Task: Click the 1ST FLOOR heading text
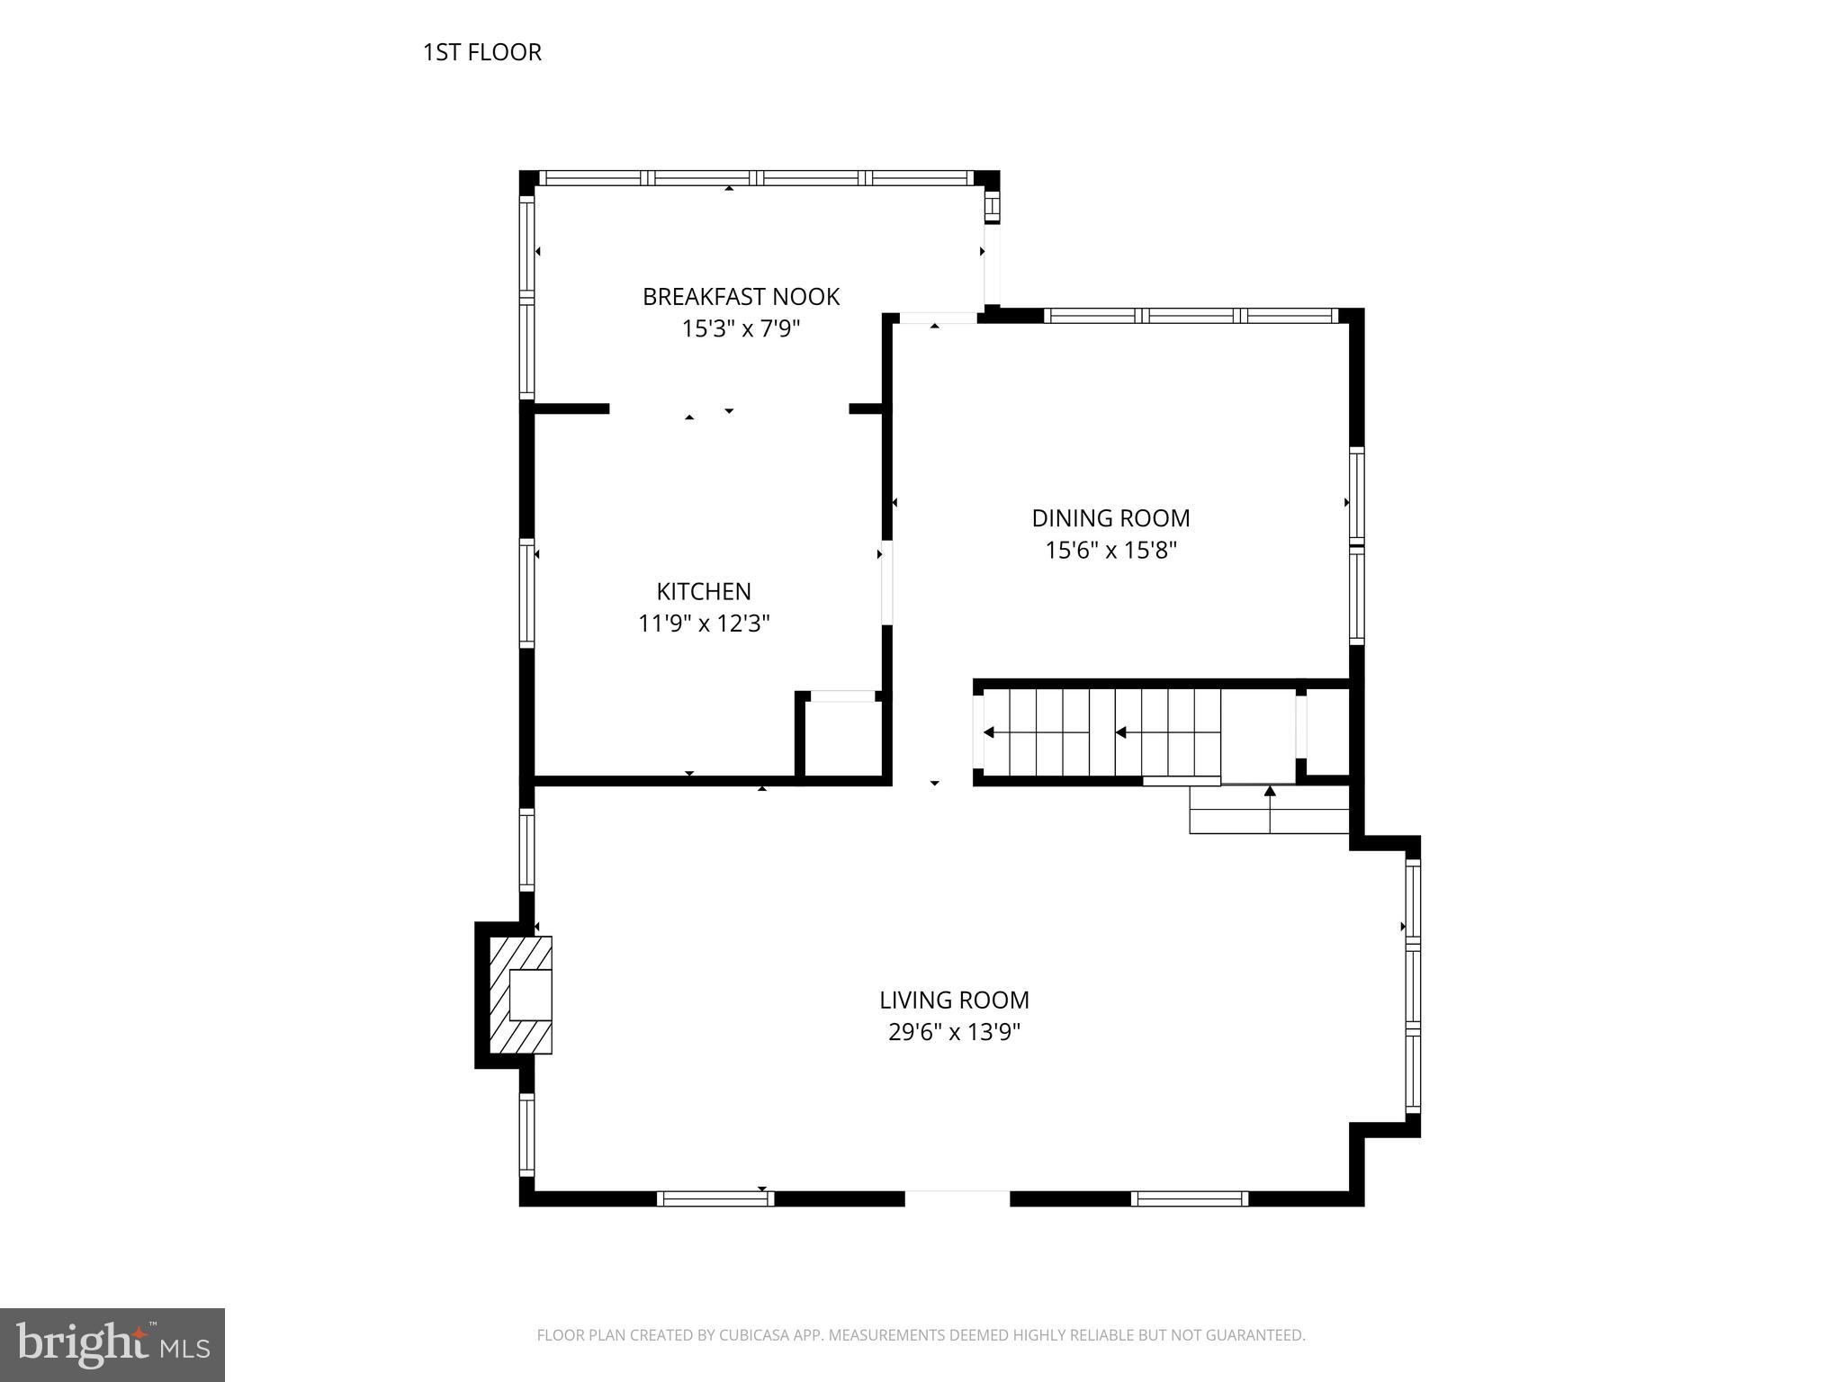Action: coord(482,52)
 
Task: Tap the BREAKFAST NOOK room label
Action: coord(741,297)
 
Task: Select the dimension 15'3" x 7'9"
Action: coord(741,328)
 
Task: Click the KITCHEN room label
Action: coord(704,591)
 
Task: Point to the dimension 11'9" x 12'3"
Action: coord(704,623)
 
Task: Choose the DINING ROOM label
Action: coord(1110,518)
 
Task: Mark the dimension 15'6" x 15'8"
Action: coord(1110,550)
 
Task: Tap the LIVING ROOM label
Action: coord(954,1000)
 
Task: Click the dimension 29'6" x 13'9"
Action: coord(954,1032)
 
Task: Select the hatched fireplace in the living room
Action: coord(520,994)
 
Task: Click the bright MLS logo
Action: coord(112,1345)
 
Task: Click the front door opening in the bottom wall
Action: coord(957,1198)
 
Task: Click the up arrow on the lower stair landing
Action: coord(1270,793)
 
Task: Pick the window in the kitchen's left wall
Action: coord(527,591)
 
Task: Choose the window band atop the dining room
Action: coord(1191,316)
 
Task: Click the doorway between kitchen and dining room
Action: coord(886,582)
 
